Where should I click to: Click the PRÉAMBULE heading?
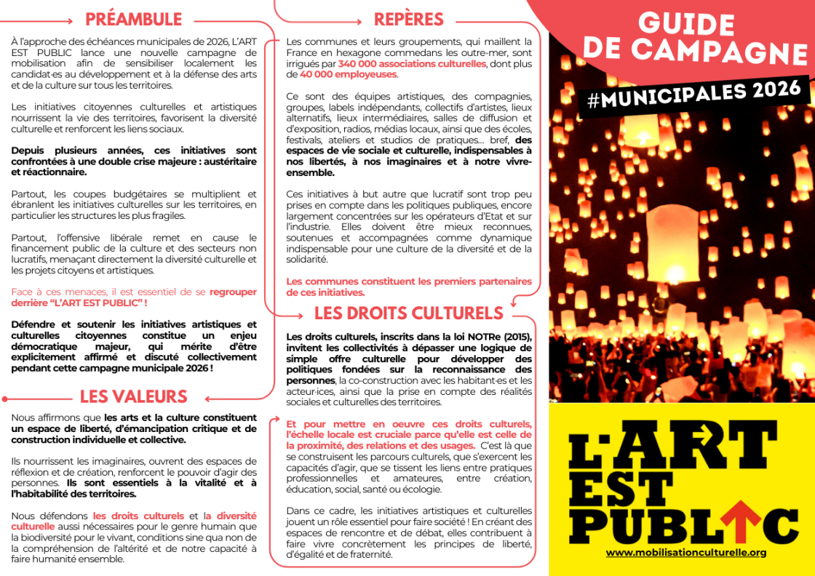133,19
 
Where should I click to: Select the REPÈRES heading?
408,19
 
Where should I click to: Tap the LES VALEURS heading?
133,396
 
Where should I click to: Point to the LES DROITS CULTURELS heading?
408,313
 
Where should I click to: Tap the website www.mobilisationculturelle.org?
686,553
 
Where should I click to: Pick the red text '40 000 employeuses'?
349,74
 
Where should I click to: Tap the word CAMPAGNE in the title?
728,51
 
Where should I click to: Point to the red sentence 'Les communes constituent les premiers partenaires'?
408,281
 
